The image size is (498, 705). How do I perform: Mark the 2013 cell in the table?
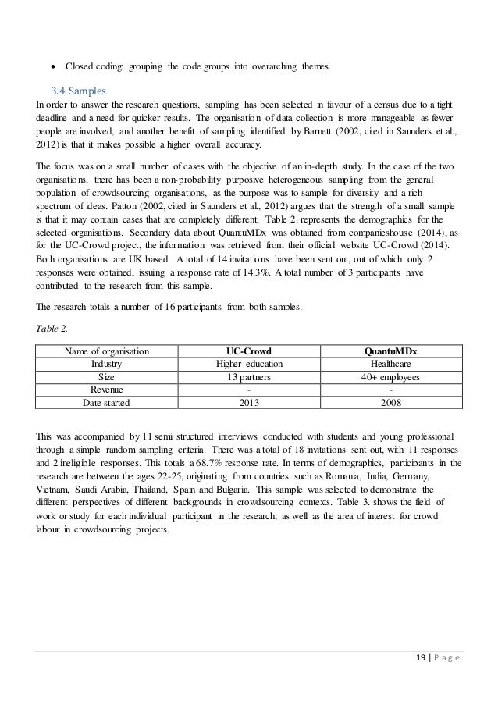click(249, 403)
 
